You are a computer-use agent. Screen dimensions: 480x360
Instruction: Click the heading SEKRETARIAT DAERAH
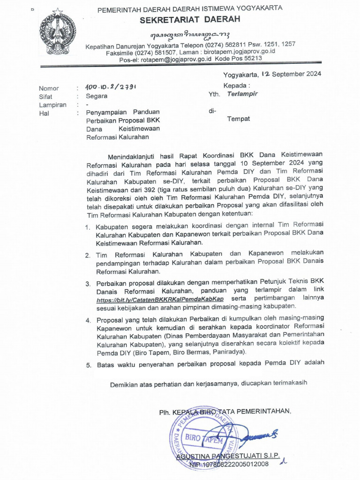pos(190,19)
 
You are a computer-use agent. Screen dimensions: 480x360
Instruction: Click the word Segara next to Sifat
pos(97,96)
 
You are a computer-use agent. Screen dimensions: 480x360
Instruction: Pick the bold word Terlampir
pos(242,94)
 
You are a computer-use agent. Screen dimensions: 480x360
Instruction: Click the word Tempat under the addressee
pos(239,119)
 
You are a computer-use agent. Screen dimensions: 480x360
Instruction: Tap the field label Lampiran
pos(52,105)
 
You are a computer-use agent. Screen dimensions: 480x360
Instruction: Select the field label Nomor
pos(49,88)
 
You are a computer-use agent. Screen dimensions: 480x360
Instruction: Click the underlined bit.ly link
pos(160,299)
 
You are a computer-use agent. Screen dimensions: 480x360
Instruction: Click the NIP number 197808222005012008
pos(235,464)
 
